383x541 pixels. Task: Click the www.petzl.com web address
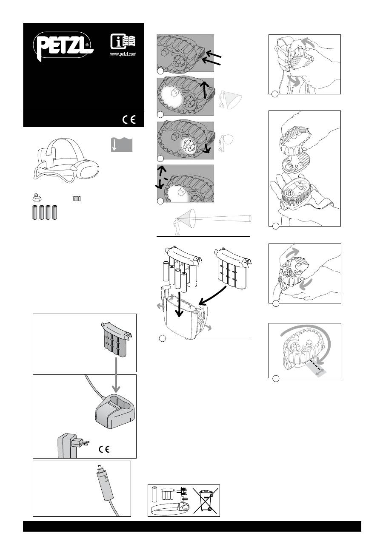123,54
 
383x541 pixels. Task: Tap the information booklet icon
123,42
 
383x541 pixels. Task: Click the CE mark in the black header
129,120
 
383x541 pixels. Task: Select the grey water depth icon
122,144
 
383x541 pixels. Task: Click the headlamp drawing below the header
66,160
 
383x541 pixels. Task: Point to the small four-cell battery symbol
77,199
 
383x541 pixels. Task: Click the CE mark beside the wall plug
104,449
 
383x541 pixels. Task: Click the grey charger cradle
115,411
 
